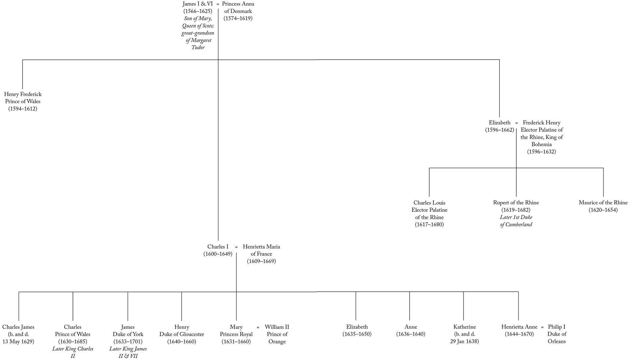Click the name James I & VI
198,4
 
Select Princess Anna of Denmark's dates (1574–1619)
238,19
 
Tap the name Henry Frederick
23,94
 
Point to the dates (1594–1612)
23,109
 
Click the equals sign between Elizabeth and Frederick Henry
517,123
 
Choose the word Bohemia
541,144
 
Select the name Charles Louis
429,203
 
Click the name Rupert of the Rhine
516,203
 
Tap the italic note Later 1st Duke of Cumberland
516,221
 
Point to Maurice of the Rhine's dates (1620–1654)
603,210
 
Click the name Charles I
218,247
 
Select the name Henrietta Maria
261,247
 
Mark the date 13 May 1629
18,341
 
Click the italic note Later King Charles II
73,352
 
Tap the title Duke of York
128,334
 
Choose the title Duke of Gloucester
182,334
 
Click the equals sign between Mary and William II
258,327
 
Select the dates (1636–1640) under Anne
410,334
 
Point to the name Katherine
465,327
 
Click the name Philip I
557,327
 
